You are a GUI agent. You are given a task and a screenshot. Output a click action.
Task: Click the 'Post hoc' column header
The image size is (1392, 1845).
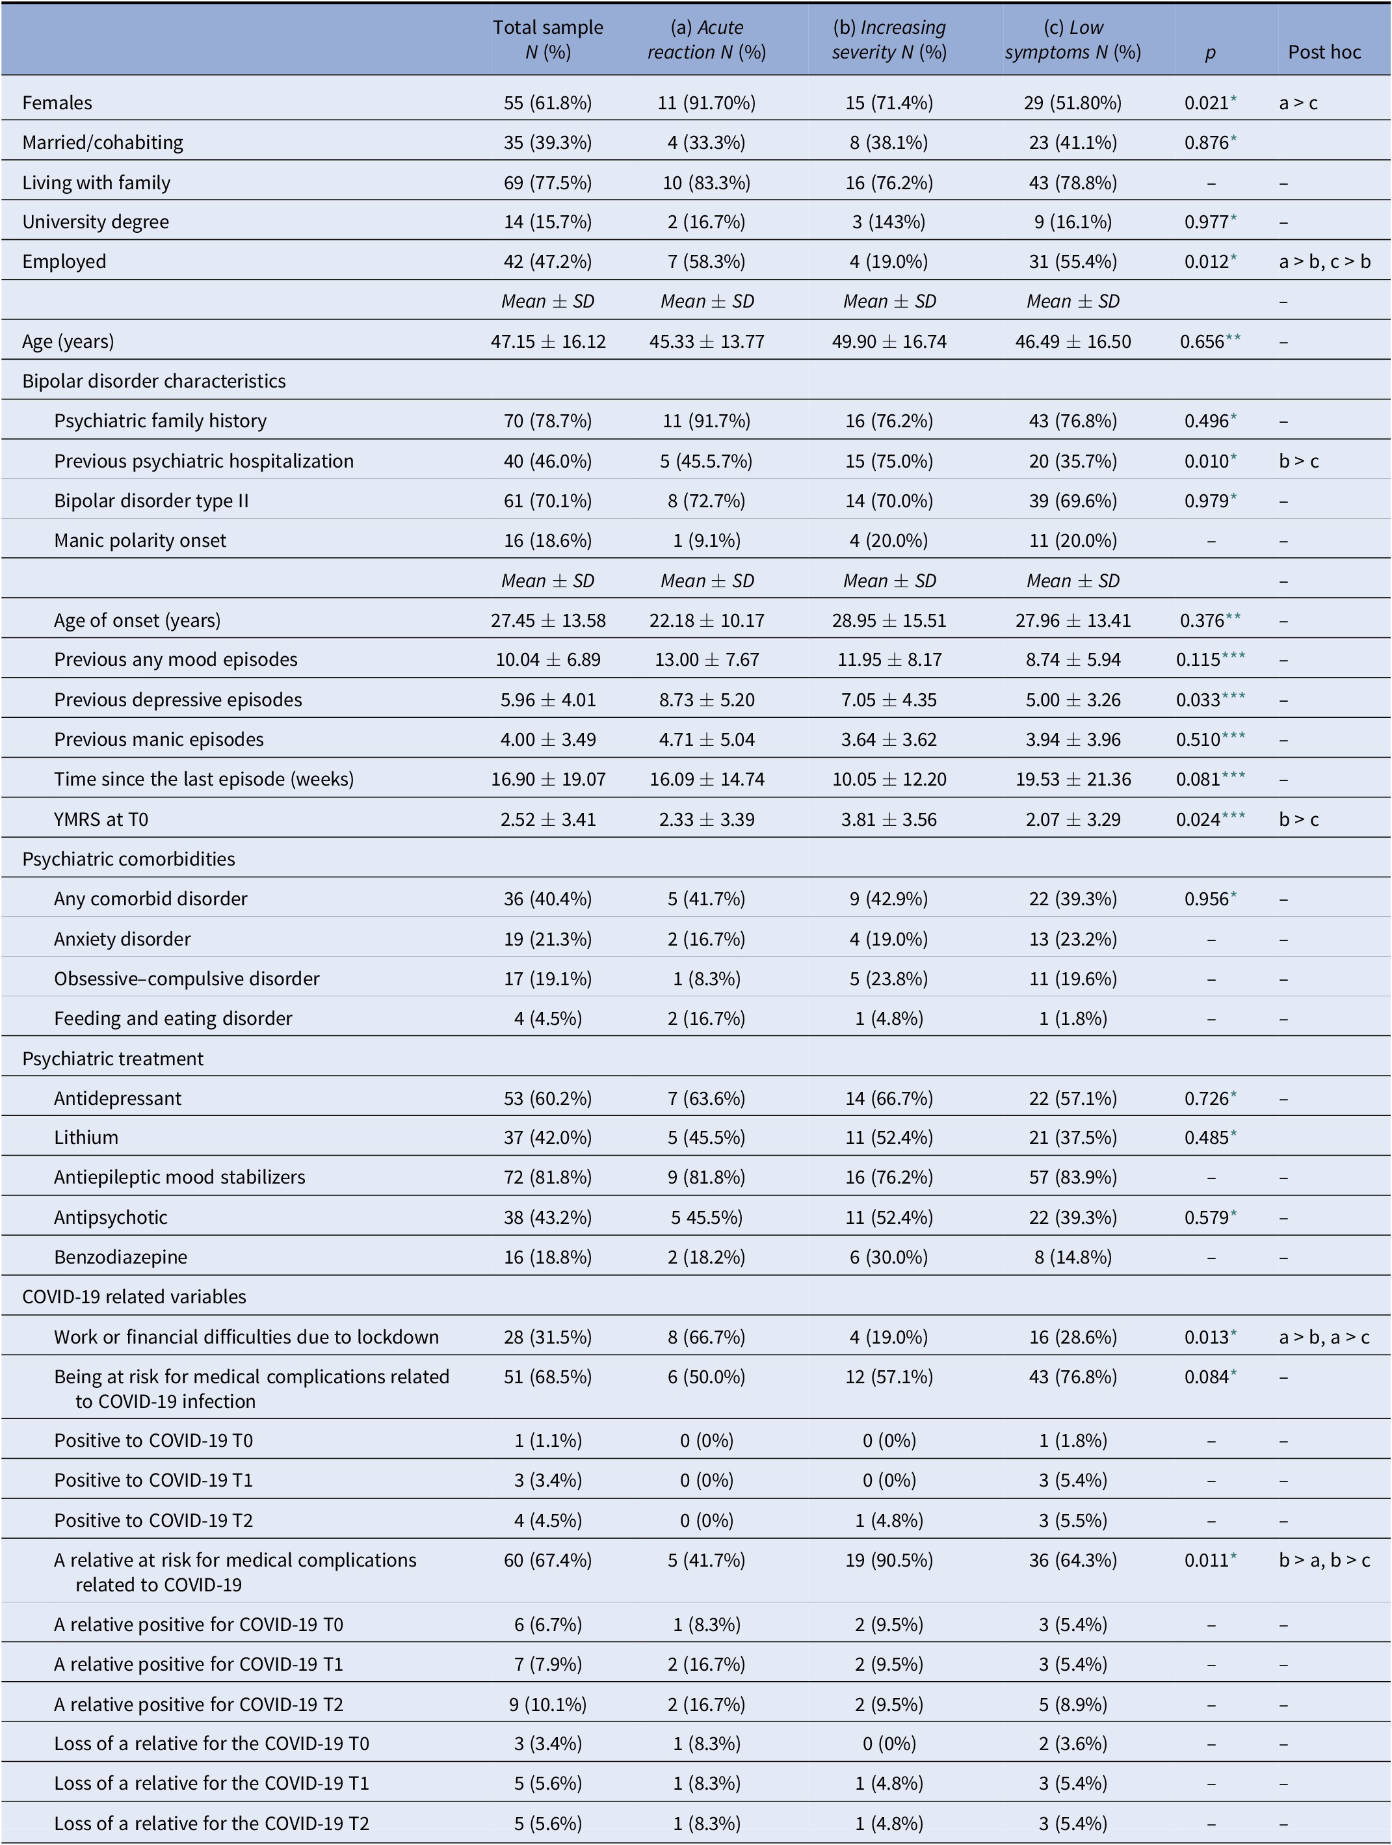point(1324,52)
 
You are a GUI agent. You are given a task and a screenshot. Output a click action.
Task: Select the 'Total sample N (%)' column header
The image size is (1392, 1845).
point(548,39)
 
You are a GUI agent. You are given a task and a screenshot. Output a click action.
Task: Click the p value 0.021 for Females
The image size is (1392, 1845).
point(1206,103)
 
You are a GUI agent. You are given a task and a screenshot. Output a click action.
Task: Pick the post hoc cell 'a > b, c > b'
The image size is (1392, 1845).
point(1324,261)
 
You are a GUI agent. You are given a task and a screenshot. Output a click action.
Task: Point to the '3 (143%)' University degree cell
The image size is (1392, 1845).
point(889,222)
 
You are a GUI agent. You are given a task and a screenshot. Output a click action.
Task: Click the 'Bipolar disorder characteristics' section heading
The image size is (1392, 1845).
point(154,381)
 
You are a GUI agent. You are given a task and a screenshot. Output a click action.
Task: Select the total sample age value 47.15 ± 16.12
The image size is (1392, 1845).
point(548,341)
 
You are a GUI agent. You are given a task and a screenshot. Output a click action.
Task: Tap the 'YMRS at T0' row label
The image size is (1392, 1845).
point(101,819)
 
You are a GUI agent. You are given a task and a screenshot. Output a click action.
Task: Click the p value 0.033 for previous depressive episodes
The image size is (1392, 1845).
point(1200,700)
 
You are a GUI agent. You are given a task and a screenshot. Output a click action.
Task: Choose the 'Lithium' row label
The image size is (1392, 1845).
point(86,1137)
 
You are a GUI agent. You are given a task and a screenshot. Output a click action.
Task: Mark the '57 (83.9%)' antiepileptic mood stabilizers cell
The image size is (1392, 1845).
point(1073,1177)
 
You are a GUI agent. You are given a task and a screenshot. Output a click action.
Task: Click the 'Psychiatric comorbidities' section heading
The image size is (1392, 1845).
point(129,859)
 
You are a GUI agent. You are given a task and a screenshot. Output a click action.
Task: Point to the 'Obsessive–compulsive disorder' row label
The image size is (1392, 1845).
point(187,978)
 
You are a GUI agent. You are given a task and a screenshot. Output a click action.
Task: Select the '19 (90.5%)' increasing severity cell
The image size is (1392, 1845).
point(889,1560)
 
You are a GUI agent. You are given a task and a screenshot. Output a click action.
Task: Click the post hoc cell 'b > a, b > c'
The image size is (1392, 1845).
point(1324,1560)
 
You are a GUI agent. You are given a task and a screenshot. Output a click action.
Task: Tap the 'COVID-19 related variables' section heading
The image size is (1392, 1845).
point(135,1297)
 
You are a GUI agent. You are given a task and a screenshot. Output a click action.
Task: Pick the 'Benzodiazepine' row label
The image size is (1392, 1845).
point(121,1257)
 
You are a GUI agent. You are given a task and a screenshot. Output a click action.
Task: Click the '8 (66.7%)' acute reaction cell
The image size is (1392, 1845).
point(707,1337)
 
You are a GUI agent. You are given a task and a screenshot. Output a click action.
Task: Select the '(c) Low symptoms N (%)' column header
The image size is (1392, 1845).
point(1073,39)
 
